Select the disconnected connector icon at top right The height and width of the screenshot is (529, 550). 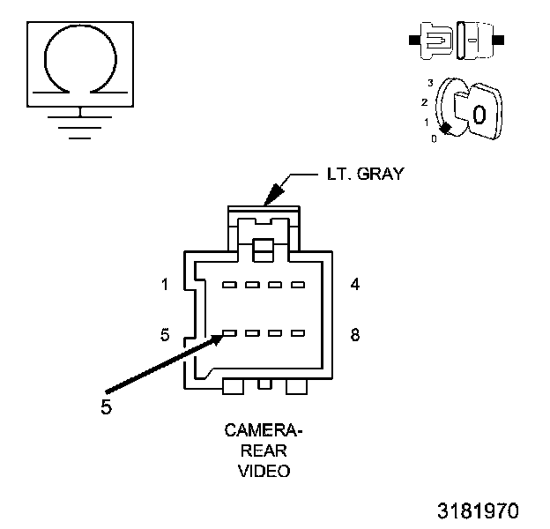point(455,41)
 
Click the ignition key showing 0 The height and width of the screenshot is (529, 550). point(477,114)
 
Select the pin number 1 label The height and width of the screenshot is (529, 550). point(165,285)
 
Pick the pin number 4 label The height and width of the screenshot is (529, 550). point(353,285)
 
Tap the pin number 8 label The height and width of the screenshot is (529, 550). point(353,335)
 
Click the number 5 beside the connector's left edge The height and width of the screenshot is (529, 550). point(165,335)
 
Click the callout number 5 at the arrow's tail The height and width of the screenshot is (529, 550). point(106,408)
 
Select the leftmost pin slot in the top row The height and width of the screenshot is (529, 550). point(229,285)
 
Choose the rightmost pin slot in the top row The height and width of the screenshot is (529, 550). point(297,285)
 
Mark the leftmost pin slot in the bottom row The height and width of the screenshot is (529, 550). point(229,334)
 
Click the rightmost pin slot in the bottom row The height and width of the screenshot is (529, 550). point(297,334)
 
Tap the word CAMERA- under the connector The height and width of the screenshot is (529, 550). point(264,431)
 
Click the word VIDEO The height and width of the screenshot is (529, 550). point(264,471)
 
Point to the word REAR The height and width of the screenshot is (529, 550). point(264,451)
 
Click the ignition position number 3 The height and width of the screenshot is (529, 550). point(431,82)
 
